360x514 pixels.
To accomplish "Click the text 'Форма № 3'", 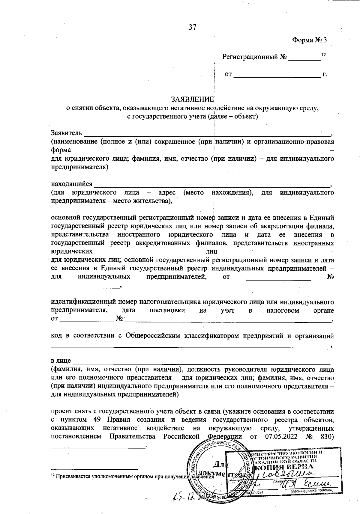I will click(309, 40).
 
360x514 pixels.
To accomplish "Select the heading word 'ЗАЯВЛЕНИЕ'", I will click(192, 99).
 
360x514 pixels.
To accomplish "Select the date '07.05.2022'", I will click(281, 436).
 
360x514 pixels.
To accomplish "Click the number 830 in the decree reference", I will click(328, 436).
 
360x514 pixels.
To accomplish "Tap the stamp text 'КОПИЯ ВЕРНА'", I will click(284, 467).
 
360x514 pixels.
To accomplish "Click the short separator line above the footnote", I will click(94, 468).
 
